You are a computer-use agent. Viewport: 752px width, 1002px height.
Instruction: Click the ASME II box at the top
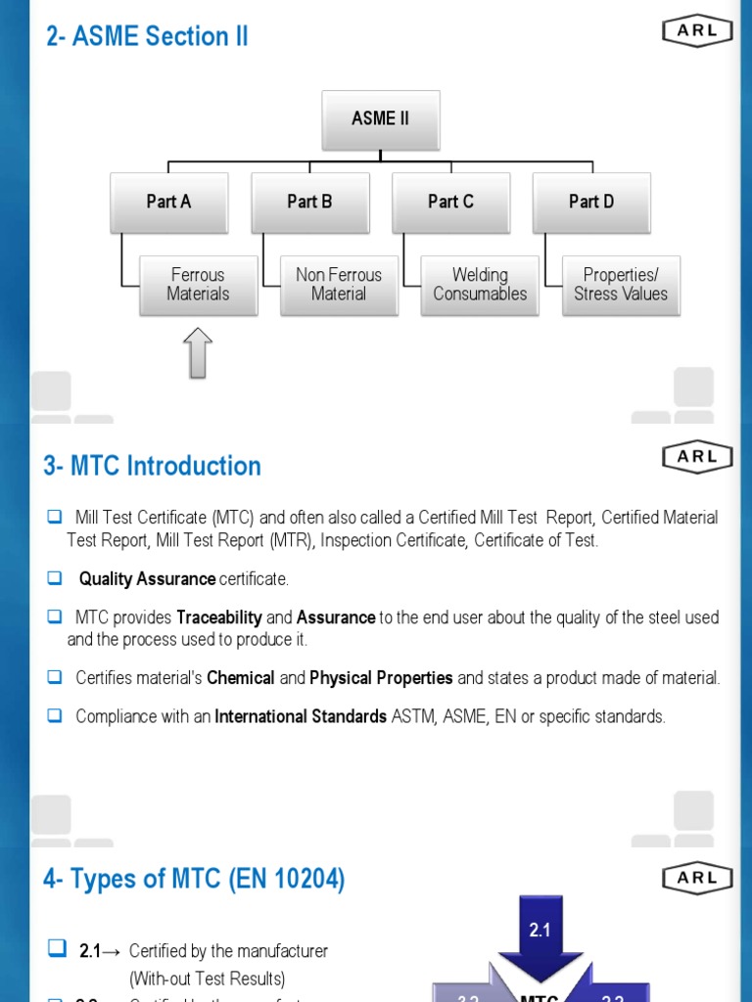coord(381,119)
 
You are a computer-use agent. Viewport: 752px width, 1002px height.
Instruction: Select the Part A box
coord(168,202)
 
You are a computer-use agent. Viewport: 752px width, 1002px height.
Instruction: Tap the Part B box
coord(309,202)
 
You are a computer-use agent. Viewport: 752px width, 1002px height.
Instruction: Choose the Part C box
coord(450,202)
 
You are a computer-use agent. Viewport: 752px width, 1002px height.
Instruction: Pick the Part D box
coord(591,202)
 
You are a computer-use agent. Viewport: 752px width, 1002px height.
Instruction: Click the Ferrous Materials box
coord(198,285)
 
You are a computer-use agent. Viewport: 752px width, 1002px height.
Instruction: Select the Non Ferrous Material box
coord(339,285)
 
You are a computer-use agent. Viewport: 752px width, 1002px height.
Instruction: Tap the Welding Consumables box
coord(480,285)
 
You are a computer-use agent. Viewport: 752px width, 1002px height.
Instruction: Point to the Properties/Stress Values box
coord(621,285)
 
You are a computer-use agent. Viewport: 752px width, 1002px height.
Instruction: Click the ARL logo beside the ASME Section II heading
coord(697,30)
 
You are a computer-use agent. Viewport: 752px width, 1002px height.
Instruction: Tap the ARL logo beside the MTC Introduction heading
coord(697,456)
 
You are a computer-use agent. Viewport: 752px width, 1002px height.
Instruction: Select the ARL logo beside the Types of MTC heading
coord(697,878)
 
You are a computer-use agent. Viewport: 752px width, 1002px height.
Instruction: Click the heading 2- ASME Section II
coord(147,36)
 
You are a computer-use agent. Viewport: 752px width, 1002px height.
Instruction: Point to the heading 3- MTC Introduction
coord(152,466)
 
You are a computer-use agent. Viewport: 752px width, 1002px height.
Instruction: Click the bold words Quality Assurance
coord(147,579)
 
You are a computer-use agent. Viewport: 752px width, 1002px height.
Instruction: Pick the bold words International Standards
coord(301,716)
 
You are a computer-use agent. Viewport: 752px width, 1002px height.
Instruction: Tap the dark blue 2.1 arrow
coord(540,934)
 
